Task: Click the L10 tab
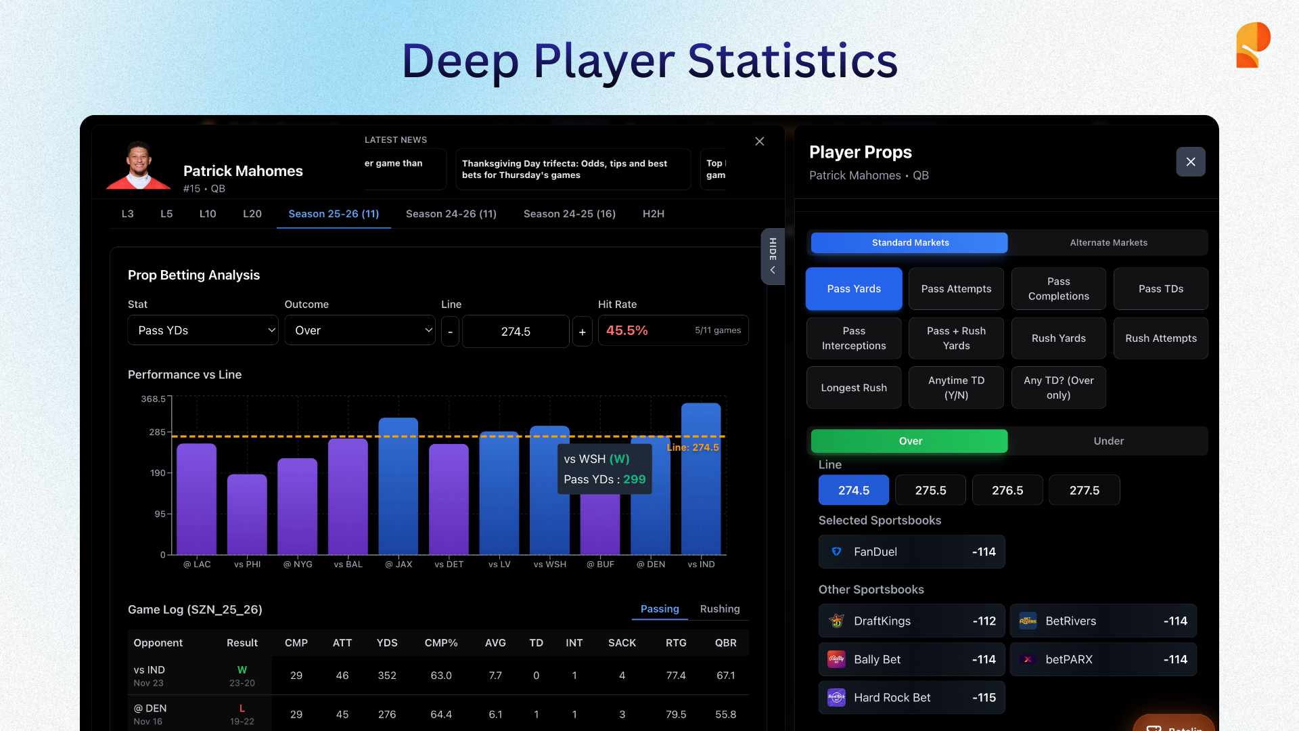(208, 214)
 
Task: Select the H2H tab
(653, 214)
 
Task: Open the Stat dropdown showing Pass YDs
(203, 330)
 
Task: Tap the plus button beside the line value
(582, 332)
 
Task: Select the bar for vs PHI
(247, 514)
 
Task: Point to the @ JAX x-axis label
(398, 564)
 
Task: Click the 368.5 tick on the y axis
(153, 399)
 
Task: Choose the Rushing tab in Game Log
(720, 609)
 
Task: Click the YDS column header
(387, 643)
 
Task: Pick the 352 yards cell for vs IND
(387, 675)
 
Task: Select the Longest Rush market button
(854, 388)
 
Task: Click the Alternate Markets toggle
(1108, 243)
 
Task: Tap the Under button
(1108, 441)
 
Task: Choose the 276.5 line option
(1007, 490)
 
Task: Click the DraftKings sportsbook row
(911, 621)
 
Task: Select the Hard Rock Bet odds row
(911, 698)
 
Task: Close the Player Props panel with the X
(1191, 162)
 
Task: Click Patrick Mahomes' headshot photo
(139, 166)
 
